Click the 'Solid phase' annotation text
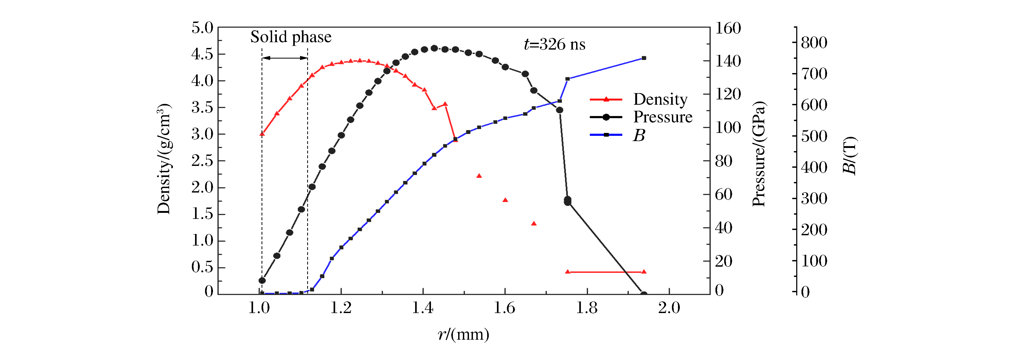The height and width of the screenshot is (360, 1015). point(291,37)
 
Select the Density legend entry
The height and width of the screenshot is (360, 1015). point(660,99)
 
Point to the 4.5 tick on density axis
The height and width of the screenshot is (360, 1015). point(202,54)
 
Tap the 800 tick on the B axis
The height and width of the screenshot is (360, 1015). point(814,42)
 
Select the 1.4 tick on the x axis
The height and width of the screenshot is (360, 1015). point(423,308)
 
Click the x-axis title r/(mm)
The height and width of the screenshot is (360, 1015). point(463,334)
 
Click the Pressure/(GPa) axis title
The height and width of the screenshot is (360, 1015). point(759,153)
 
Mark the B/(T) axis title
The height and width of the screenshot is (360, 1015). point(850,156)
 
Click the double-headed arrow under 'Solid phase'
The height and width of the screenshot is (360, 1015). point(284,58)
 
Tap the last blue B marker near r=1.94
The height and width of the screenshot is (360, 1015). point(644,58)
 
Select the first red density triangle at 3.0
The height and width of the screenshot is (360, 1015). point(262,134)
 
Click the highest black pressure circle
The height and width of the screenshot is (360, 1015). point(434,48)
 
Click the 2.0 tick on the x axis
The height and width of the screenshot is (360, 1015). point(669,308)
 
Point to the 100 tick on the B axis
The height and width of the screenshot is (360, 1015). point(814,261)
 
